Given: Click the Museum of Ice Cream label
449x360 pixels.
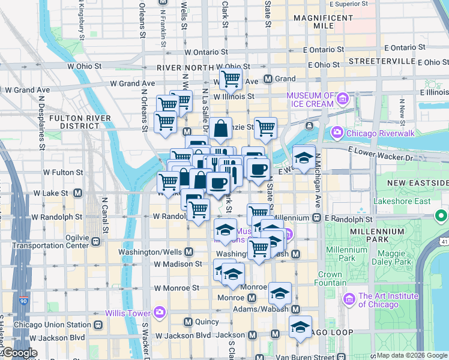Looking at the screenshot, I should coord(310,100).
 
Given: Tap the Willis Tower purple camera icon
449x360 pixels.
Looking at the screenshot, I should coord(159,311).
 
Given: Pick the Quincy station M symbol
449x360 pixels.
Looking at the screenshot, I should coord(188,322).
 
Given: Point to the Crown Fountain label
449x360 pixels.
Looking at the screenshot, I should coord(330,279).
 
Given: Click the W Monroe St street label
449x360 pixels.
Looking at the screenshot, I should coord(176,288).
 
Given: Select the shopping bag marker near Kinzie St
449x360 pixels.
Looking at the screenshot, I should coord(220,128).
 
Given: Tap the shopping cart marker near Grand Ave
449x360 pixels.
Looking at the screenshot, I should coord(231,79).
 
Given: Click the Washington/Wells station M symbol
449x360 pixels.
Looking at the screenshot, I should coord(189,252).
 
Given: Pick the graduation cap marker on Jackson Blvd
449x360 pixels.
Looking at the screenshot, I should coord(300,327).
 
